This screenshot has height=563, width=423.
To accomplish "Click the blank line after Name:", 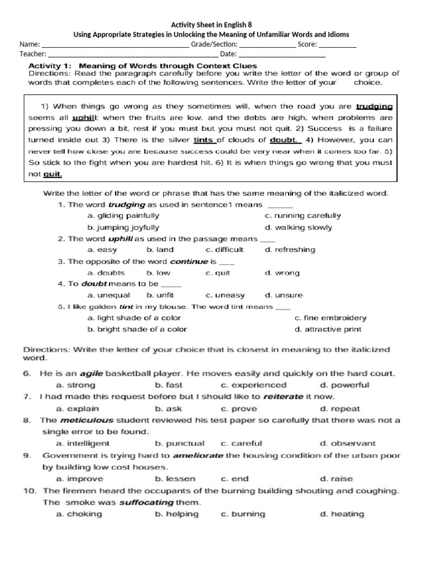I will (x=115, y=45).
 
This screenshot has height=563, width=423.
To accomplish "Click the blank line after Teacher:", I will (x=133, y=54).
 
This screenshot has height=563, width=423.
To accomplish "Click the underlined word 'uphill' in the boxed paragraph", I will (x=84, y=118).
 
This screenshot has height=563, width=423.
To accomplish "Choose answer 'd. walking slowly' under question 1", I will (x=298, y=227).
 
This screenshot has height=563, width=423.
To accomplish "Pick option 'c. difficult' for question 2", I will (x=224, y=250).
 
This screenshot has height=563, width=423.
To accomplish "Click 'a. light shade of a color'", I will (x=134, y=318).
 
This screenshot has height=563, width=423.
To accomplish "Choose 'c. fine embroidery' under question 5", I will (x=330, y=318).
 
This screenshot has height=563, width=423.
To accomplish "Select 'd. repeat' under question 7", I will (x=340, y=409).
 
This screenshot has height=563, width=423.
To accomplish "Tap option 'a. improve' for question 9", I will (x=78, y=479).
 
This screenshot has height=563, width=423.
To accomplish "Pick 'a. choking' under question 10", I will (x=79, y=514).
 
